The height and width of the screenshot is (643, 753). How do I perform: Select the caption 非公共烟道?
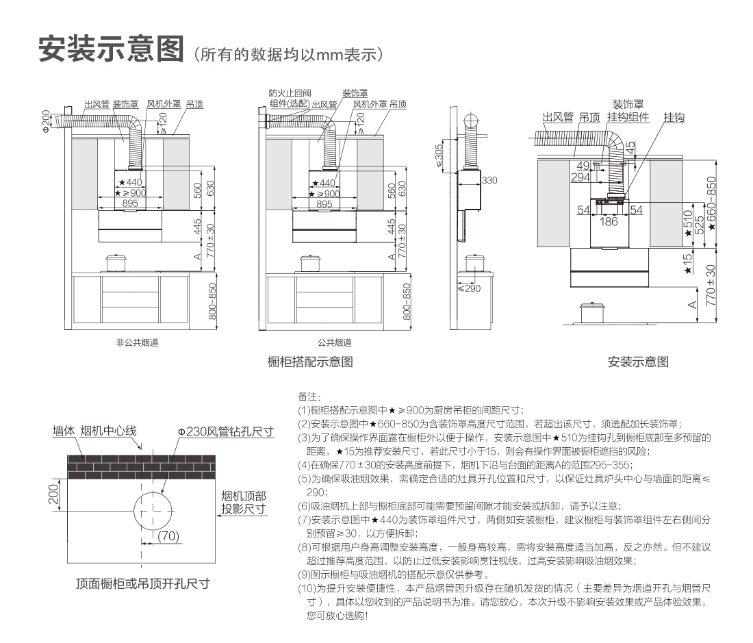click(137, 342)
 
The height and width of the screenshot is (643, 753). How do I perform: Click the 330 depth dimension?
click(489, 180)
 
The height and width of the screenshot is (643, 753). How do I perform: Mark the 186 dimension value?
click(609, 221)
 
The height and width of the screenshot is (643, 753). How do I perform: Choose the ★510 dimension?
click(687, 223)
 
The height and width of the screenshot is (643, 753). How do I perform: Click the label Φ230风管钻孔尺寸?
click(225, 431)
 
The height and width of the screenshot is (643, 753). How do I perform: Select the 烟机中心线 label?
click(109, 431)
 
